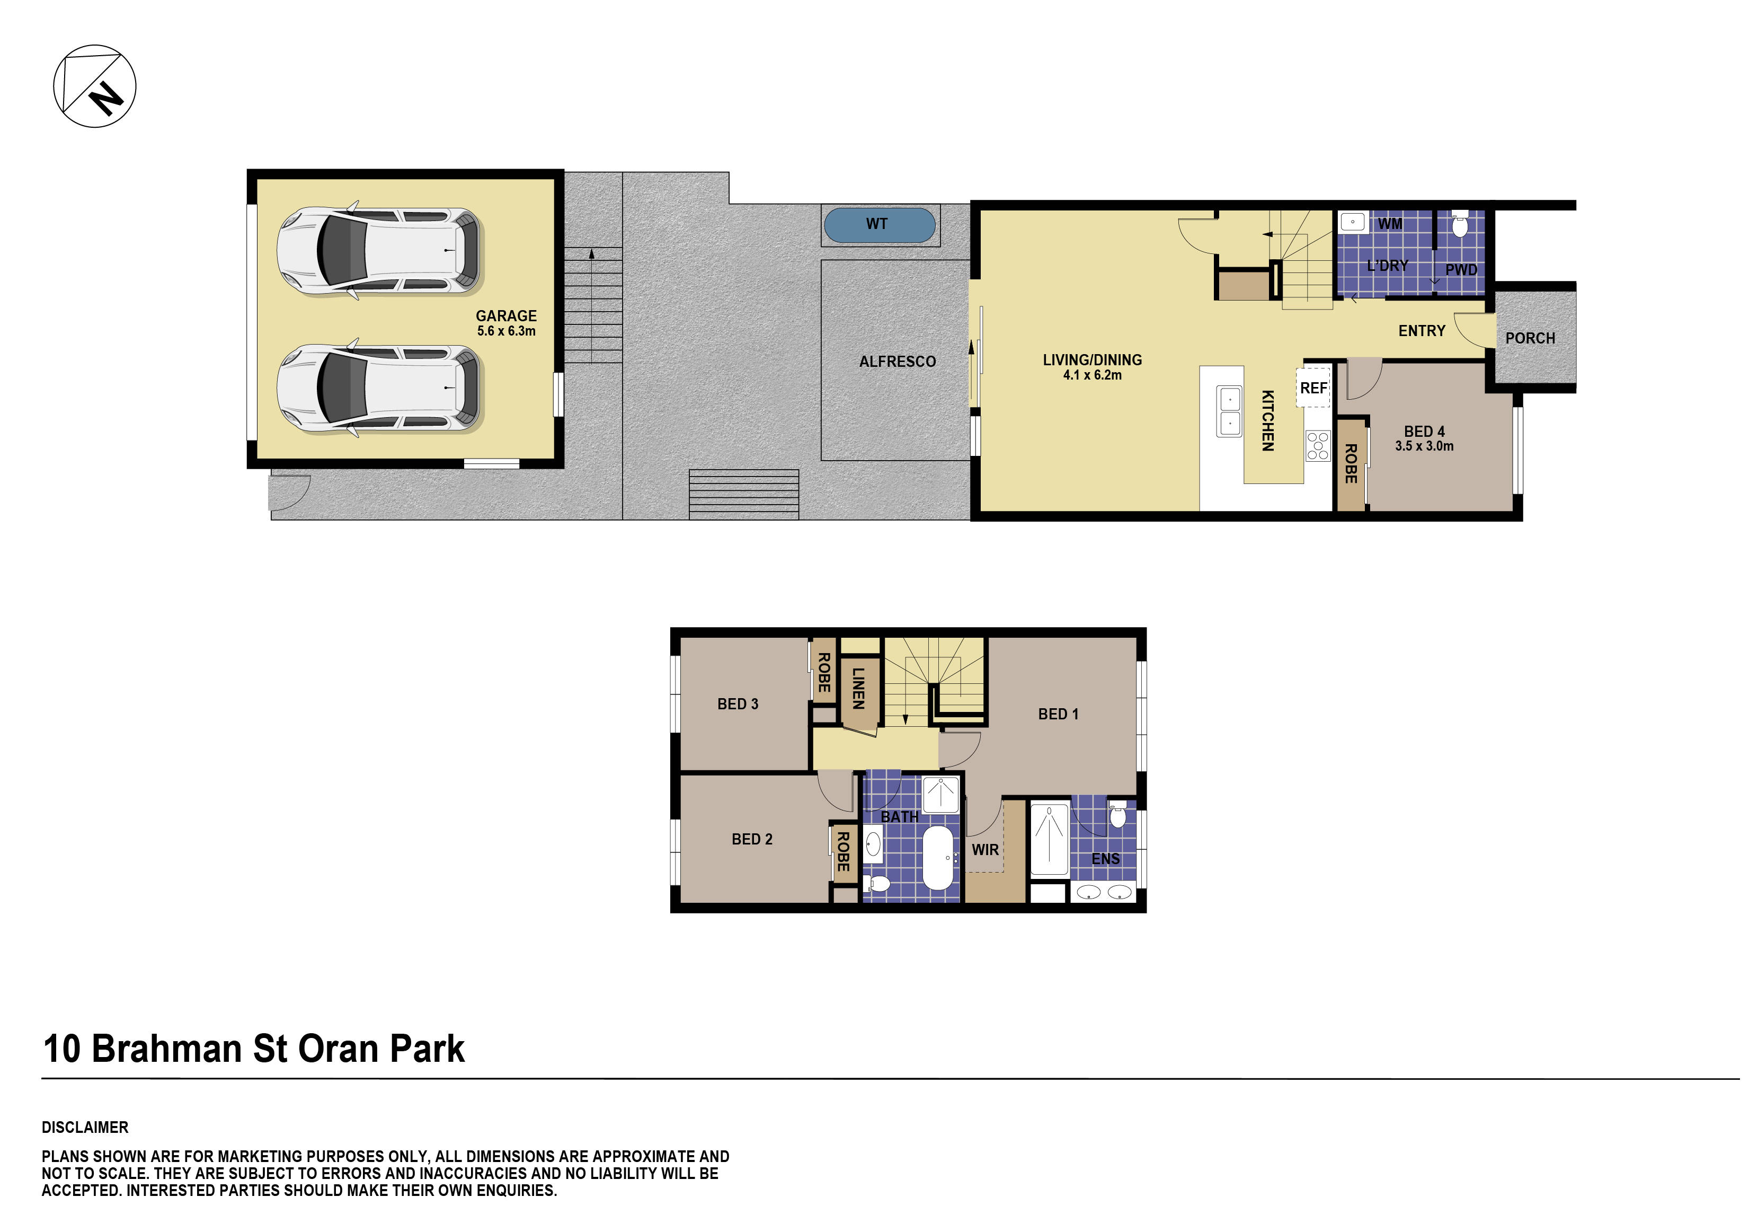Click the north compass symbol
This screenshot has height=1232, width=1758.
pos(94,86)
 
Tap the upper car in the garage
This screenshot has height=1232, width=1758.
pos(379,251)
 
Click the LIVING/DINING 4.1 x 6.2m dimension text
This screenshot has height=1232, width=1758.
pos(1092,375)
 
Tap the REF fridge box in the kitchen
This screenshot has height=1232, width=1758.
pos(1313,388)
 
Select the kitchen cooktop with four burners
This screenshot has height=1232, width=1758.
pos(1318,446)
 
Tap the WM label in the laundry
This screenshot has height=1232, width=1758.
pos(1390,224)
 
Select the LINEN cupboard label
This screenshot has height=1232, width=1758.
pos(858,688)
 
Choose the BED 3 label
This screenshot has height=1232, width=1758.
pos(738,704)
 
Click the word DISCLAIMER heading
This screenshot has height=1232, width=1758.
pos(85,1127)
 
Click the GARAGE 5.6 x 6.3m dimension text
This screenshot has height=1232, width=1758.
pos(506,331)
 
